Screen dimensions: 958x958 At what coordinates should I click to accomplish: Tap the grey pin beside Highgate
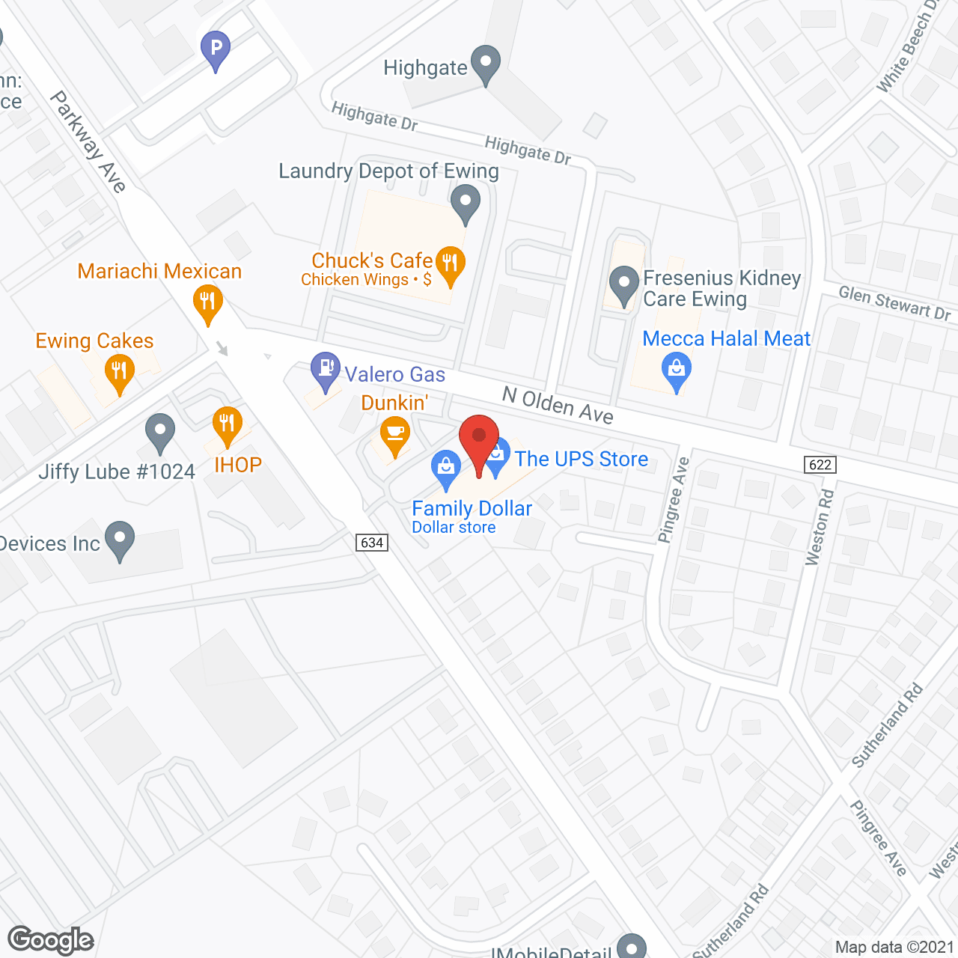(x=486, y=64)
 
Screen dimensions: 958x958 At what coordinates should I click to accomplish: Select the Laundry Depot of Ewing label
(x=388, y=171)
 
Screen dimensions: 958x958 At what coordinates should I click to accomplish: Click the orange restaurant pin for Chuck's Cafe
(x=450, y=264)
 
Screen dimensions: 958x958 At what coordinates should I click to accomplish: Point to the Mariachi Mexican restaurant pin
(x=208, y=303)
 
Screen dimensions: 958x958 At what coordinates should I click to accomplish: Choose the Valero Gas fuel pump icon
(x=326, y=369)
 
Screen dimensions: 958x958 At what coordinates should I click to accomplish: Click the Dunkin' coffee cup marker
(x=394, y=435)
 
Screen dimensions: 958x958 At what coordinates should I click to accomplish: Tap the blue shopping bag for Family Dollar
(x=446, y=468)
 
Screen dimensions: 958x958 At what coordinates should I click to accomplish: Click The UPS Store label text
(x=582, y=459)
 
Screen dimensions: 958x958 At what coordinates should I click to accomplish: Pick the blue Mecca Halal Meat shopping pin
(x=677, y=370)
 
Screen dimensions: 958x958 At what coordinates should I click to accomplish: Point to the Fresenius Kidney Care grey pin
(x=623, y=284)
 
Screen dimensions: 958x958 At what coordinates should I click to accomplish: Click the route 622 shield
(x=820, y=465)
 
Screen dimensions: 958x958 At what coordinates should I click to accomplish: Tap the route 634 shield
(x=372, y=543)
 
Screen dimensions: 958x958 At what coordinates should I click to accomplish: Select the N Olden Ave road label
(x=558, y=405)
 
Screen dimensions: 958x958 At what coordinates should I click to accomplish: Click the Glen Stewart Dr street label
(x=894, y=303)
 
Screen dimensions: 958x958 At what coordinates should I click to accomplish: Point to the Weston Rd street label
(x=819, y=527)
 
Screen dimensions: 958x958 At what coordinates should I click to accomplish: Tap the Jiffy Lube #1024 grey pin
(x=159, y=432)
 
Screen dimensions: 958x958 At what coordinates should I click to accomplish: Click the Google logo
(x=51, y=940)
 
